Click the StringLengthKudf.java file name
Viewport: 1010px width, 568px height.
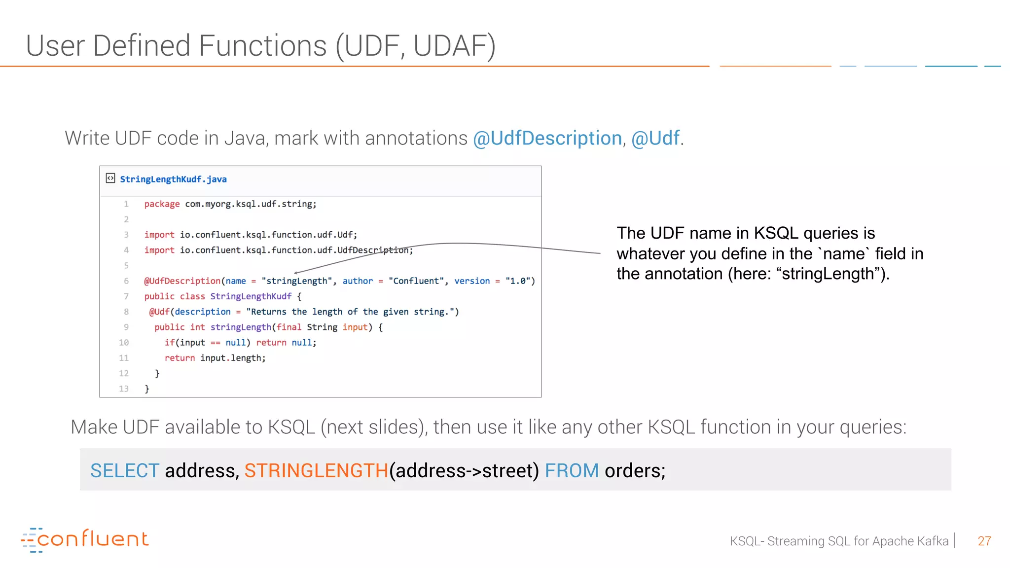(173, 179)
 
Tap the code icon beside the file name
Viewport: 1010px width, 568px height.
(110, 178)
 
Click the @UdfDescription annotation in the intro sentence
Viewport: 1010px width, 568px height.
(547, 138)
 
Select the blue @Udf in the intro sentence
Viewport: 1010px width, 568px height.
(655, 138)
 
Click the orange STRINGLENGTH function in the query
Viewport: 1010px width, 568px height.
(316, 470)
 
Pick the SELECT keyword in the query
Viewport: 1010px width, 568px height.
(125, 470)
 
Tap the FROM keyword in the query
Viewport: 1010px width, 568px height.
(572, 470)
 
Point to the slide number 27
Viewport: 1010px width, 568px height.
(984, 541)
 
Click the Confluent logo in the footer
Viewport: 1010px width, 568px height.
(85, 539)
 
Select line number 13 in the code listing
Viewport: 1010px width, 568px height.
(124, 389)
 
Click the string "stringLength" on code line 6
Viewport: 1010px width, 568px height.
(296, 281)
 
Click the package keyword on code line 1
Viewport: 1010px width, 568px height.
(162, 204)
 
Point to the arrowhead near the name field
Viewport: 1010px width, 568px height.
(296, 272)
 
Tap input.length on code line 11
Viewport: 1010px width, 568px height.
(232, 358)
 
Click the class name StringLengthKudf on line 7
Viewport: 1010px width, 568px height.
(251, 296)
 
